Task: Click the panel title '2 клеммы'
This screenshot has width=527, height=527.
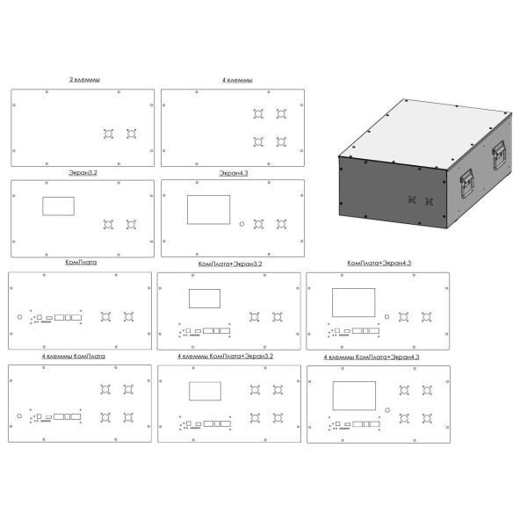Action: [84, 80]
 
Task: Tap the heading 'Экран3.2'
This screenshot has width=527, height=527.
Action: [83, 173]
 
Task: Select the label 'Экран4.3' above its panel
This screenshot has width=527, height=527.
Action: [234, 173]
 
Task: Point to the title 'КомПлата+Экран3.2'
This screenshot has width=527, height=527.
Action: [230, 263]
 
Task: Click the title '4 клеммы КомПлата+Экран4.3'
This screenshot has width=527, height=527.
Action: [372, 357]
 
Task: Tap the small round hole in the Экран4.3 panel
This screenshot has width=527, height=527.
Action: [242, 224]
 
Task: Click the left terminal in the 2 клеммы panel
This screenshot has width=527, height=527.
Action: [108, 134]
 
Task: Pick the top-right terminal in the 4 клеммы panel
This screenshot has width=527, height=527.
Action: [281, 114]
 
